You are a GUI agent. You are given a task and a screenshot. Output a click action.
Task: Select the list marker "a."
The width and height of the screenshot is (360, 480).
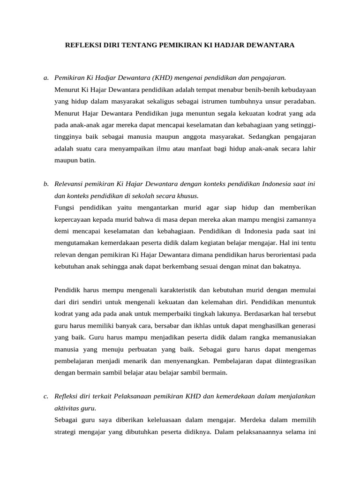pos(45,77)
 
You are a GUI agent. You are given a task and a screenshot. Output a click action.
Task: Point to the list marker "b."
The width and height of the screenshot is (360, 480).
pos(45,184)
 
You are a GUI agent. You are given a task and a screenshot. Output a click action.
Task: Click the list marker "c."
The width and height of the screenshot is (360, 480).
pos(45,397)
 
